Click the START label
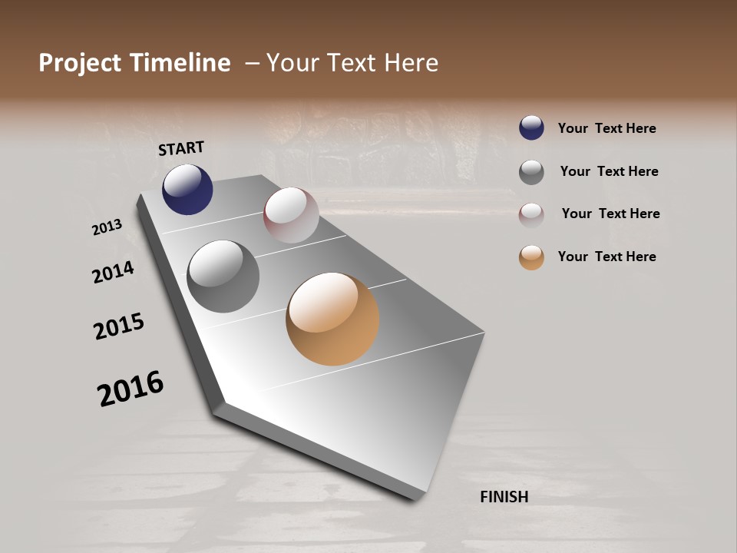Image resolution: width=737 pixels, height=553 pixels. coord(181,148)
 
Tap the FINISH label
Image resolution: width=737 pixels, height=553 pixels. coord(504,497)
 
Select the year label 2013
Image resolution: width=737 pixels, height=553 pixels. coord(107,227)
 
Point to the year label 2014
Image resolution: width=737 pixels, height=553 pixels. coord(114,272)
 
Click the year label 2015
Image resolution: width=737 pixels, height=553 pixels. coord(119,326)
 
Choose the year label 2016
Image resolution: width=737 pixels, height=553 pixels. coord(131,389)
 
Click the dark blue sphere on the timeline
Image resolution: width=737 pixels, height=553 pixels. coord(187,189)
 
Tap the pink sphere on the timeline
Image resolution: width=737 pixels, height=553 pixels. coord(291,215)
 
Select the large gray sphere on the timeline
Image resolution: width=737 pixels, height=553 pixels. coord(223,276)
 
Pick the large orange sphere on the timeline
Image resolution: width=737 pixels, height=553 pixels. coord(332,319)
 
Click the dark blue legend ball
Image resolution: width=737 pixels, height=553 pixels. coord(531,127)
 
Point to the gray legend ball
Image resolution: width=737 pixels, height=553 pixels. coord(531,172)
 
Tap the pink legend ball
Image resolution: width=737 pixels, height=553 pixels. coord(531,215)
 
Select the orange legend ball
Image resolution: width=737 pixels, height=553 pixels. coord(531,257)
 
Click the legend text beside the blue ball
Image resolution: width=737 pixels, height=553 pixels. coord(606,128)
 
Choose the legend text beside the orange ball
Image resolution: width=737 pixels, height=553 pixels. coord(606,257)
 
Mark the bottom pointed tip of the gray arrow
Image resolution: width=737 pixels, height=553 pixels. coord(415,499)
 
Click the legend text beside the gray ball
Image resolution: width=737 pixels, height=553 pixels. coord(609,171)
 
